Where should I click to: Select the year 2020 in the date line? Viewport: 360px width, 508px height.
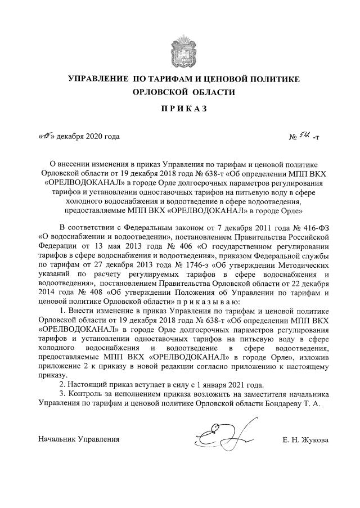[93, 136]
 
